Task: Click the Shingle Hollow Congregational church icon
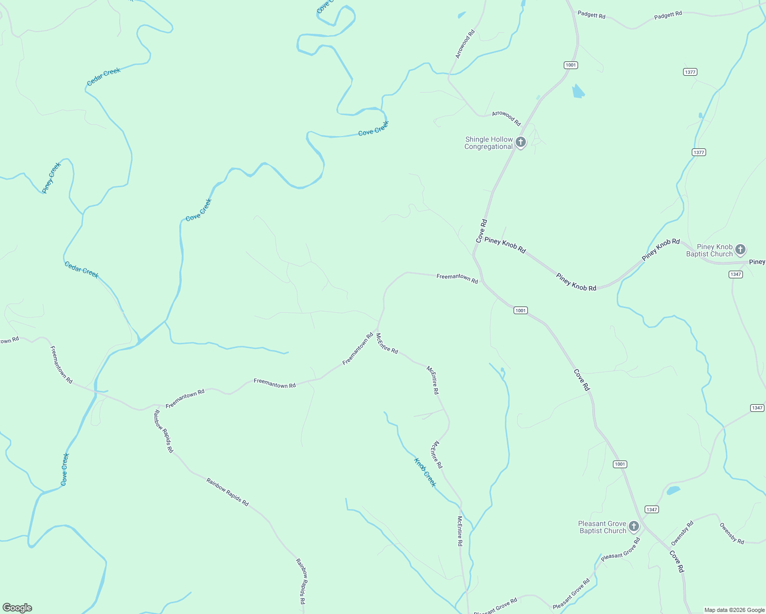pos(521,142)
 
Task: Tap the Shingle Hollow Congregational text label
pos(488,143)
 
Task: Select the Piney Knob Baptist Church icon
pos(740,250)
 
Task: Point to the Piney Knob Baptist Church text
pos(710,251)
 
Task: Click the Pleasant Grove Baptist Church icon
pos(634,527)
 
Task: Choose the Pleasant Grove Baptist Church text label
pos(602,528)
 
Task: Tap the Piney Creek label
pos(51,178)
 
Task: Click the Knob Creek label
pos(425,472)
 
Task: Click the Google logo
pos(17,608)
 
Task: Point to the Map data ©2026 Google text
pos(734,610)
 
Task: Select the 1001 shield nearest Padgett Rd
pos(571,65)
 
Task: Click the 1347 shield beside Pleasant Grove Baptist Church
pos(652,510)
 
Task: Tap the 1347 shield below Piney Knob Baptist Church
pos(736,275)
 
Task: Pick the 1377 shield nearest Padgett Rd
pos(690,72)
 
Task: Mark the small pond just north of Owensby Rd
pos(673,491)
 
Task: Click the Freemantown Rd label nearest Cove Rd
pos(457,278)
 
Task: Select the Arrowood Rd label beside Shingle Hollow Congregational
pos(506,118)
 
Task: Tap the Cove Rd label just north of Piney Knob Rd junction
pos(481,231)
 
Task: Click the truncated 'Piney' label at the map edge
pos(757,262)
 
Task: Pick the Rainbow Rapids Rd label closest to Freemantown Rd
pos(164,431)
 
